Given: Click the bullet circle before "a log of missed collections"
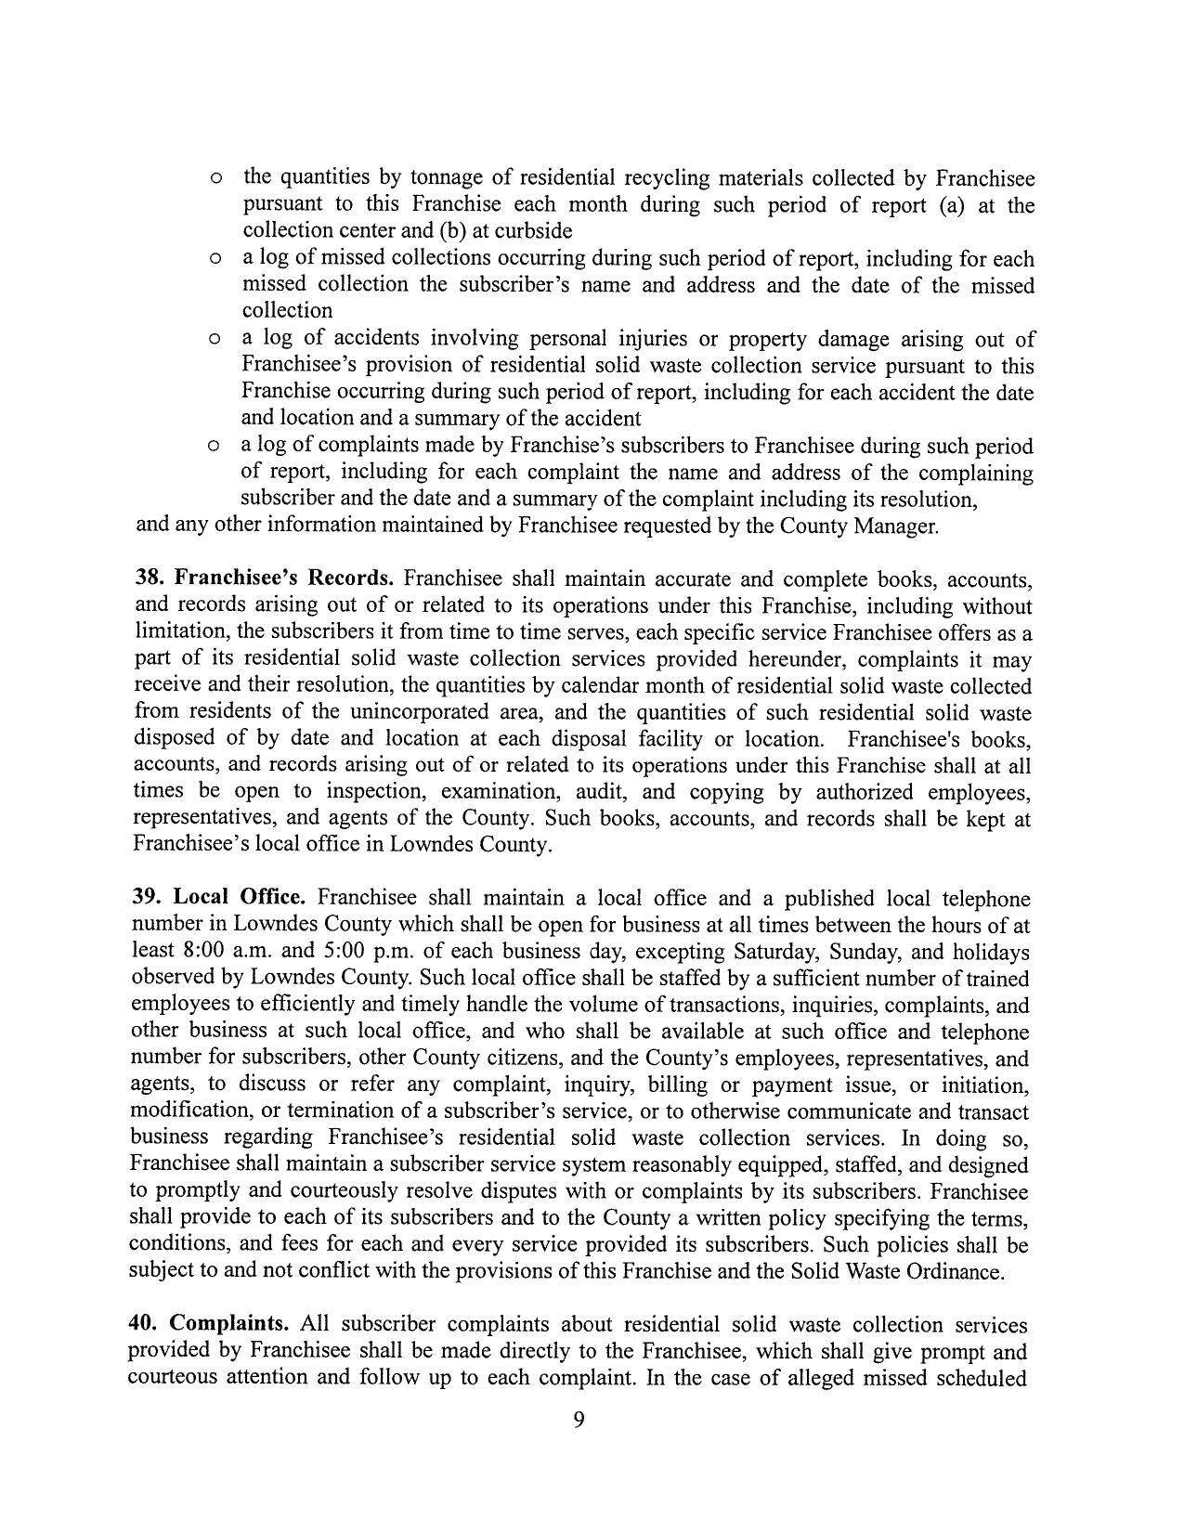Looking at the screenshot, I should coord(215,260).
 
